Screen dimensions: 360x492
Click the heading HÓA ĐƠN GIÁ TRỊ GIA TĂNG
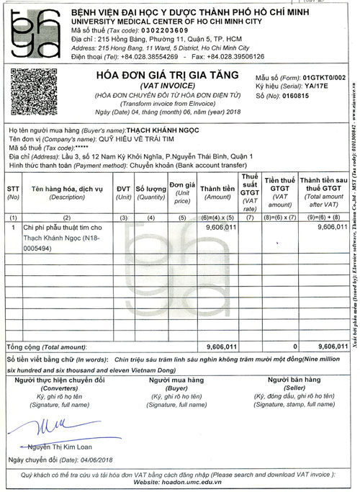[x=166, y=75]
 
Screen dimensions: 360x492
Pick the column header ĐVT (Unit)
[x=123, y=188]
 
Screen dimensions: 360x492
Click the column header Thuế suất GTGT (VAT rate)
[x=249, y=188]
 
